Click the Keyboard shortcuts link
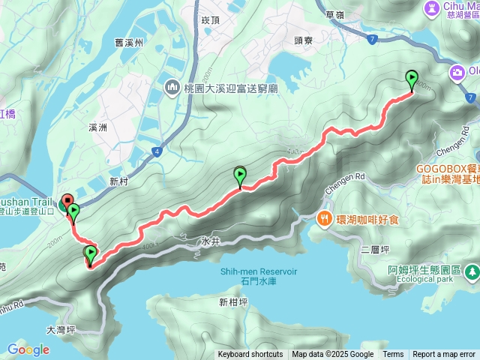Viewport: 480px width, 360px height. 250,355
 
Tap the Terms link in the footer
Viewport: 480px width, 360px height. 393,355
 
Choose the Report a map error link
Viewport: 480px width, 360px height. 444,355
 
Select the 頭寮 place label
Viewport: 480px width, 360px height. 302,41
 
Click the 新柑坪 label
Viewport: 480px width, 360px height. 233,302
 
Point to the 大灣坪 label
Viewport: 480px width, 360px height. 61,328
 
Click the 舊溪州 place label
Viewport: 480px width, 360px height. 129,43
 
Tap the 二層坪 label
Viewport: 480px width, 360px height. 373,249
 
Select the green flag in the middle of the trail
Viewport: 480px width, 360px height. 240,176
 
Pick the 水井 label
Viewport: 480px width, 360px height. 210,242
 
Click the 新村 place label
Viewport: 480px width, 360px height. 119,181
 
